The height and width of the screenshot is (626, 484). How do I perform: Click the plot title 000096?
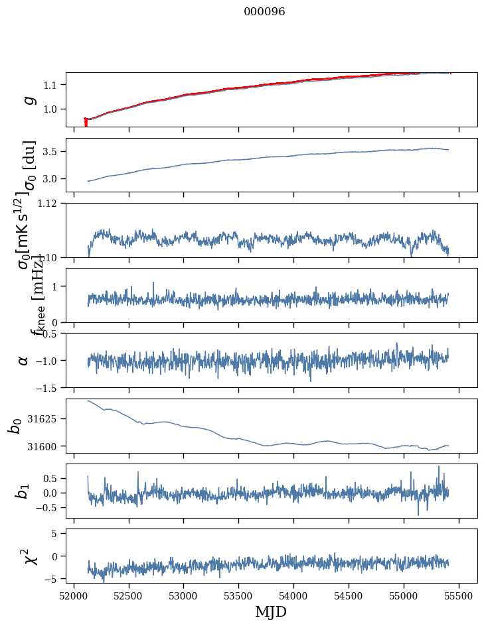click(x=264, y=12)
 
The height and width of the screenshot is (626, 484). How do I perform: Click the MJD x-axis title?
click(x=271, y=611)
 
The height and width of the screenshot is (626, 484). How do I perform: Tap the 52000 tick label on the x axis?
click(x=74, y=595)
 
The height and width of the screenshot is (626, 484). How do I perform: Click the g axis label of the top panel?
click(x=28, y=99)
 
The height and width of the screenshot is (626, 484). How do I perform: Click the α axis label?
click(x=24, y=360)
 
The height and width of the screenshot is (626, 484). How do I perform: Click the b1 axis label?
click(x=23, y=491)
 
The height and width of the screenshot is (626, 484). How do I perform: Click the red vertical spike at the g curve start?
click(x=86, y=123)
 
